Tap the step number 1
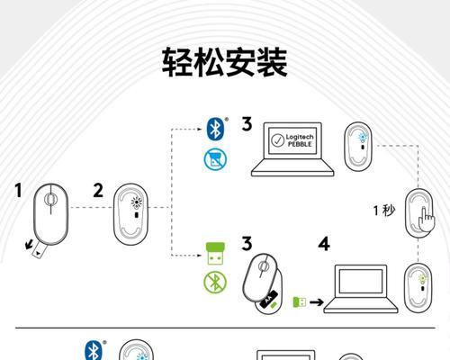click(18, 191)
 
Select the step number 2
click(98, 191)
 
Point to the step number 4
click(323, 244)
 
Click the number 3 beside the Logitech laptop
click(246, 124)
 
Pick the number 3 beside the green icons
click(246, 244)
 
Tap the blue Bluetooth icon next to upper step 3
click(215, 128)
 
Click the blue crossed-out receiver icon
click(215, 160)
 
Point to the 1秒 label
click(384, 211)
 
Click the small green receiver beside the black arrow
click(300, 301)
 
